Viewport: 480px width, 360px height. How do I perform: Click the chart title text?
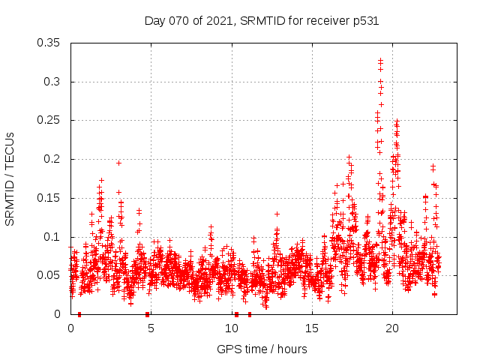click(261, 21)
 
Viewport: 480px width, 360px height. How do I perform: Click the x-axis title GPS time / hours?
click(262, 349)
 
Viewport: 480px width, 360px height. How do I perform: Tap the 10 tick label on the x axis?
click(232, 328)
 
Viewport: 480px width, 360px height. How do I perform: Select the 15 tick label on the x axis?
click(312, 328)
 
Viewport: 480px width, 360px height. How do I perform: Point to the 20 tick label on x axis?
click(392, 328)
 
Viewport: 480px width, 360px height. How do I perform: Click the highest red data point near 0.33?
click(381, 60)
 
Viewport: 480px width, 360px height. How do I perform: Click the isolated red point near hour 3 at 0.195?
click(118, 163)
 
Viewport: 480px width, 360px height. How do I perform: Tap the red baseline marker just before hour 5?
click(148, 314)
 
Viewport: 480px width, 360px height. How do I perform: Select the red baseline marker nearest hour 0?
click(79, 314)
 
